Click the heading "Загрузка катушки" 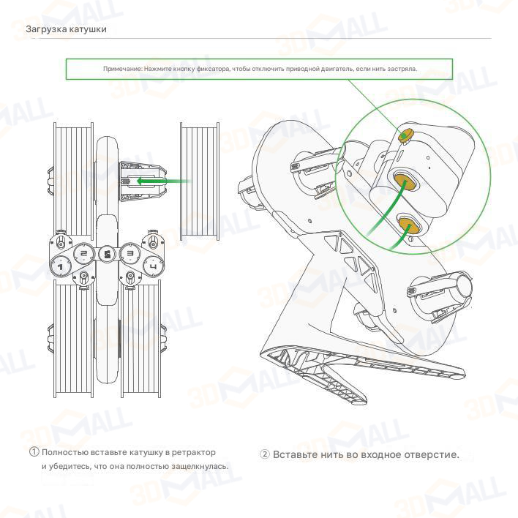[x=66, y=29]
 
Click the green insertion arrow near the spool [x=163, y=181]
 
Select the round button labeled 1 [x=61, y=266]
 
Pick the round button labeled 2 [x=83, y=253]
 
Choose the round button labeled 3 [x=130, y=253]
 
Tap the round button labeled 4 [x=154, y=266]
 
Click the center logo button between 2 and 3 [x=107, y=254]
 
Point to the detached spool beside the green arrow [x=200, y=181]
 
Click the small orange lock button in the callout [x=405, y=135]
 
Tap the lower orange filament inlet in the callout [x=409, y=225]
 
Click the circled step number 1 [x=34, y=452]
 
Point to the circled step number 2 [x=264, y=454]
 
